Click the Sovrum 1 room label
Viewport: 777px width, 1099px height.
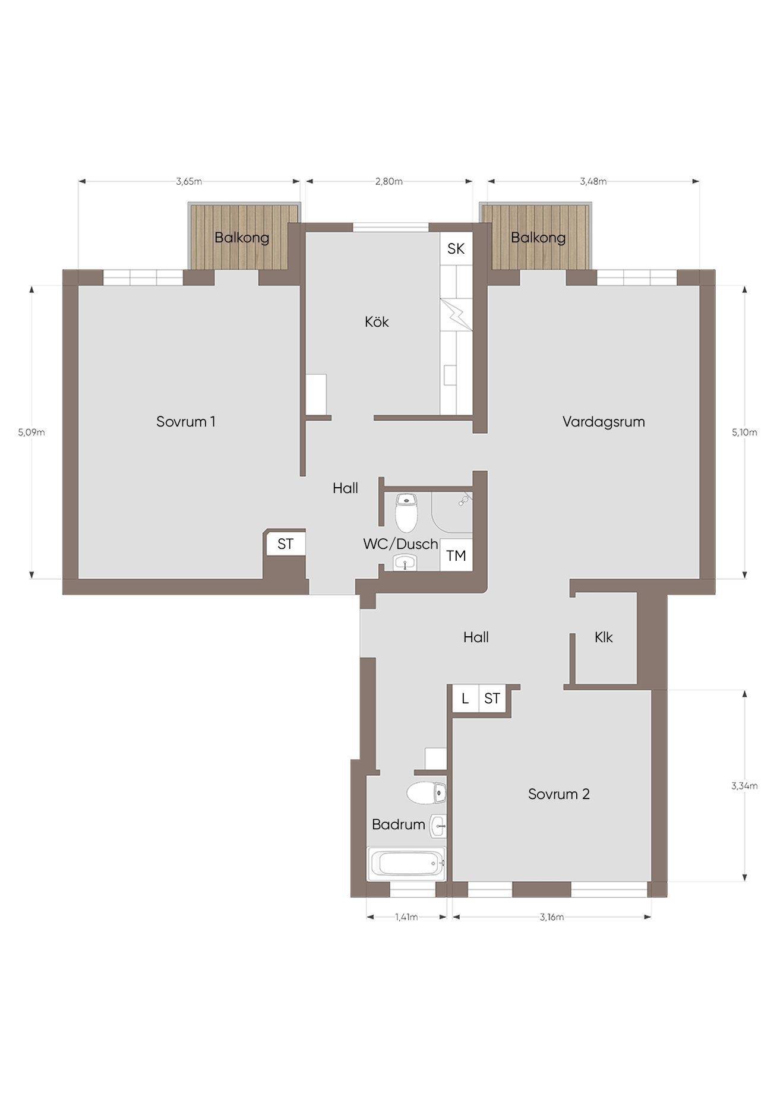tap(185, 422)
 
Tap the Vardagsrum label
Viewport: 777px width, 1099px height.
tap(604, 422)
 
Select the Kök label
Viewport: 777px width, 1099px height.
tap(377, 322)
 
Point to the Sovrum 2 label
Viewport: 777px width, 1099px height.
tap(559, 794)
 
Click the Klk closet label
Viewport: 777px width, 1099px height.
tap(604, 637)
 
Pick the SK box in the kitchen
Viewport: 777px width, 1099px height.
tap(456, 248)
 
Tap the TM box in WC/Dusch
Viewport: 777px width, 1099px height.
tap(456, 556)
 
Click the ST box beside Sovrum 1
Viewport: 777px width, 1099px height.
tap(286, 544)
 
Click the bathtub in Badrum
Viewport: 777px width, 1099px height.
tap(407, 864)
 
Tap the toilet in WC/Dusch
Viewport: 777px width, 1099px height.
tap(407, 513)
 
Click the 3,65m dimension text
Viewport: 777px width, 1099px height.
tap(189, 182)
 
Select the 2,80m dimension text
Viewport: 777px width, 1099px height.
tap(389, 182)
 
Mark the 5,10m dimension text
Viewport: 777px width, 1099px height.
tap(744, 432)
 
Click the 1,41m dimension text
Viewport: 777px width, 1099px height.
tap(407, 917)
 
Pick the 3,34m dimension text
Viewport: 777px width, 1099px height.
tap(744, 786)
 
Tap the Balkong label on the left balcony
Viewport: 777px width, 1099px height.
tap(242, 238)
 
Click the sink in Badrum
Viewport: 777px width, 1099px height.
tap(438, 826)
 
